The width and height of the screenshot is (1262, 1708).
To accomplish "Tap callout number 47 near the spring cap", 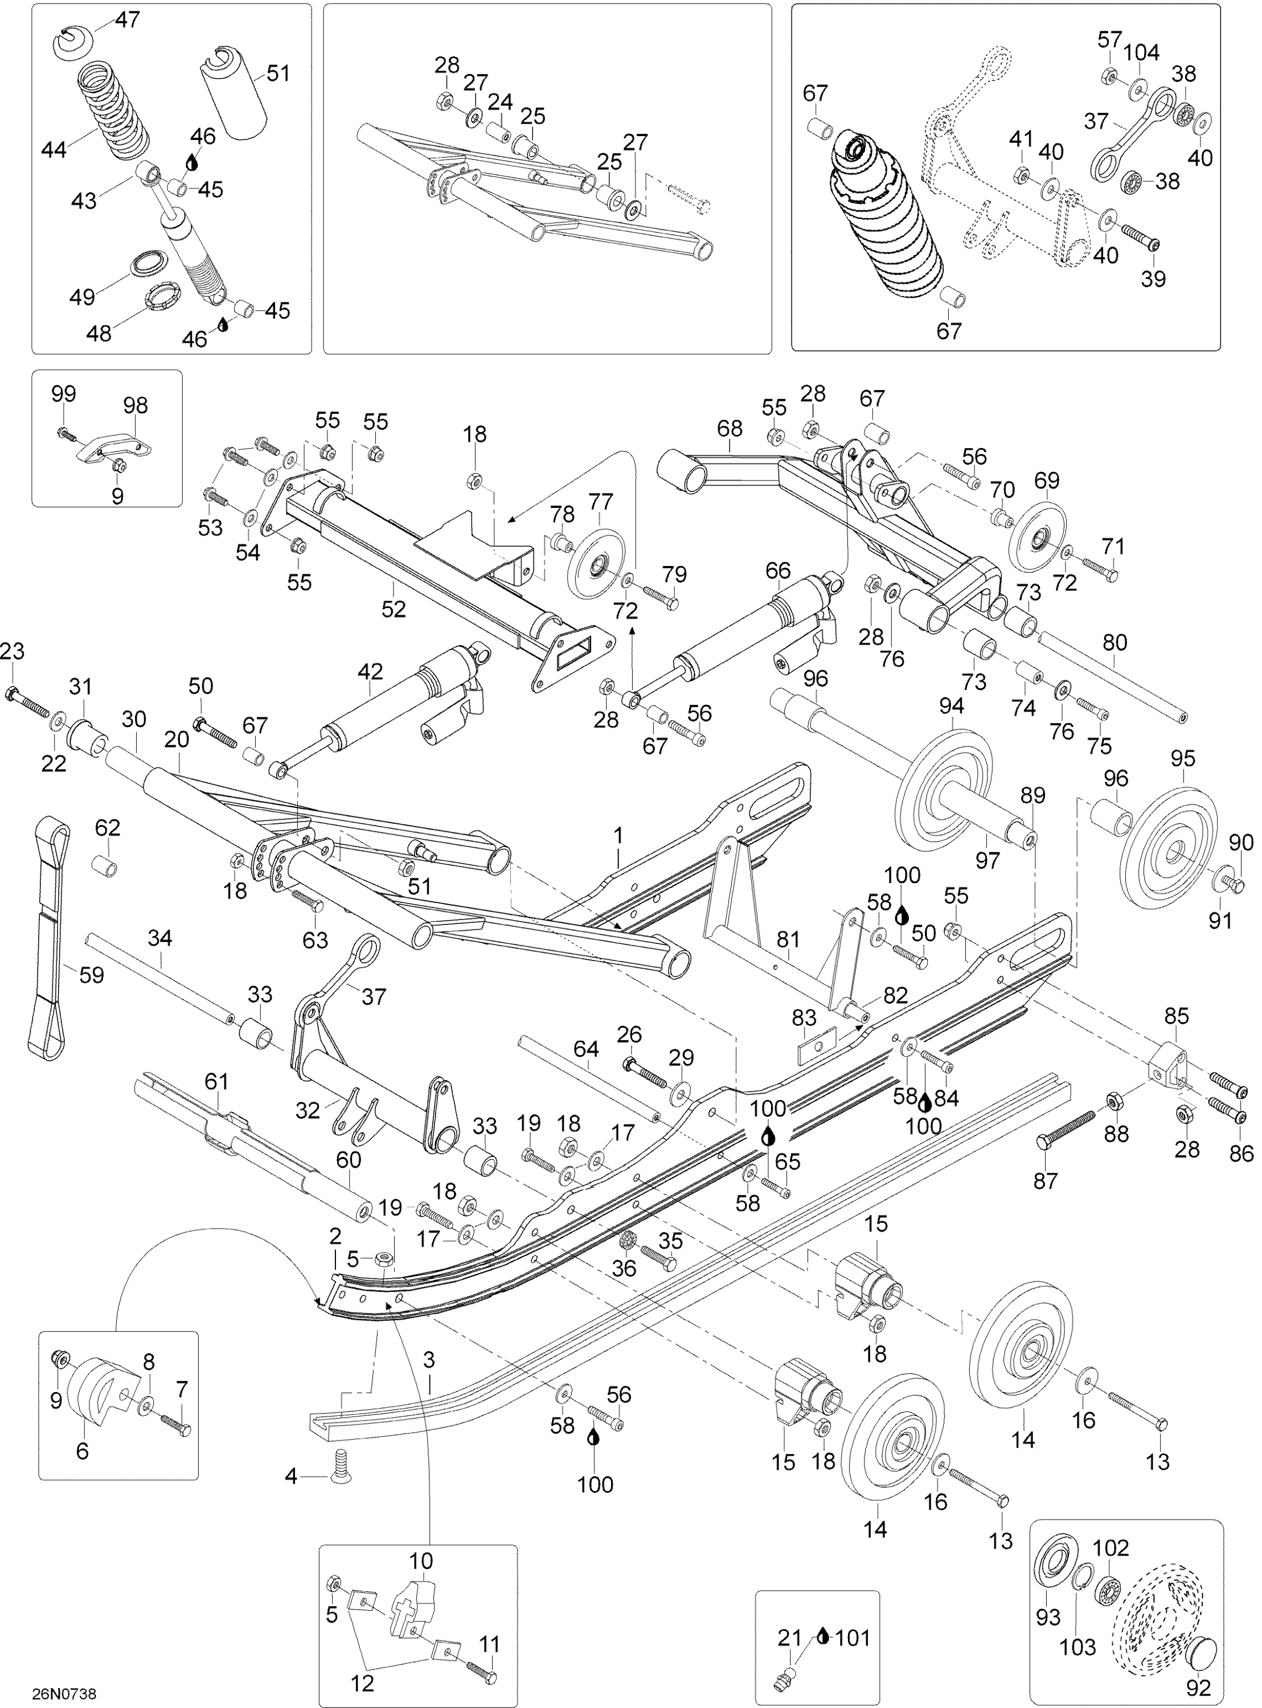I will click(128, 19).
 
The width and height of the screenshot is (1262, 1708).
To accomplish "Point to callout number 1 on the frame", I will click(619, 835).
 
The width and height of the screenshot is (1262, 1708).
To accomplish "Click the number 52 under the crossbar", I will click(394, 609).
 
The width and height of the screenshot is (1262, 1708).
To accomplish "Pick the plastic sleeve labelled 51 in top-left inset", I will click(233, 96).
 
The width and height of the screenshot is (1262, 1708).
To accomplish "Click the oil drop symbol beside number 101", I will click(821, 1636).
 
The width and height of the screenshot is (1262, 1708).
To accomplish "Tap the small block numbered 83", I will click(817, 1047).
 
